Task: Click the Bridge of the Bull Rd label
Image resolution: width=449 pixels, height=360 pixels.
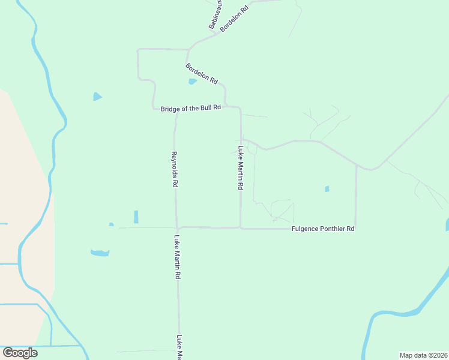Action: point(191,108)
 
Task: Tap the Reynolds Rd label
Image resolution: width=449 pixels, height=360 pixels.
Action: point(174,170)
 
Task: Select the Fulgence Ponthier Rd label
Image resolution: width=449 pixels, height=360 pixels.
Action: point(323,229)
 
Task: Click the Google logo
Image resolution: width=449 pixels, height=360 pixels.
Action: point(20,353)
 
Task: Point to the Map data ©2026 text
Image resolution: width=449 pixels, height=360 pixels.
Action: point(424,355)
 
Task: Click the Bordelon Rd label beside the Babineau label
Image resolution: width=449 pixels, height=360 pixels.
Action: point(235,19)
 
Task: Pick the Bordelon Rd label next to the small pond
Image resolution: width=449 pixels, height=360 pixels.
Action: point(202,73)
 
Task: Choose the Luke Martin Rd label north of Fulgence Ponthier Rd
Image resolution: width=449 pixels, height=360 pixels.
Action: point(240,169)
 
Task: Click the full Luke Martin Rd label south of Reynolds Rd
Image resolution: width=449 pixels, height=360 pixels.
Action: point(178,257)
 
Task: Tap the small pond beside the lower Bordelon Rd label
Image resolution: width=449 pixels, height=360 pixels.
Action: point(192,82)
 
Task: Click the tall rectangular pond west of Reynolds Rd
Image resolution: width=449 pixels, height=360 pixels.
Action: point(136,217)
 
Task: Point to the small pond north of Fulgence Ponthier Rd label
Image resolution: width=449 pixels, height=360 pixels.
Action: point(327,189)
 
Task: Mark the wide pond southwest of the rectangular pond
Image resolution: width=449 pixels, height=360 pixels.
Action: point(100,253)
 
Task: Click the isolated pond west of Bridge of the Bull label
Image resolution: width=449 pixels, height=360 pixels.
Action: point(97,96)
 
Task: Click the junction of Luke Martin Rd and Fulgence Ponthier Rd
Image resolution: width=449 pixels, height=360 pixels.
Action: point(241,228)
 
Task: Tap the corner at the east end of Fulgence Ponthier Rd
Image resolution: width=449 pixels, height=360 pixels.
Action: point(356,229)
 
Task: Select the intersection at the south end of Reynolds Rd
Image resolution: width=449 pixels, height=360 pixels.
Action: point(177,228)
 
